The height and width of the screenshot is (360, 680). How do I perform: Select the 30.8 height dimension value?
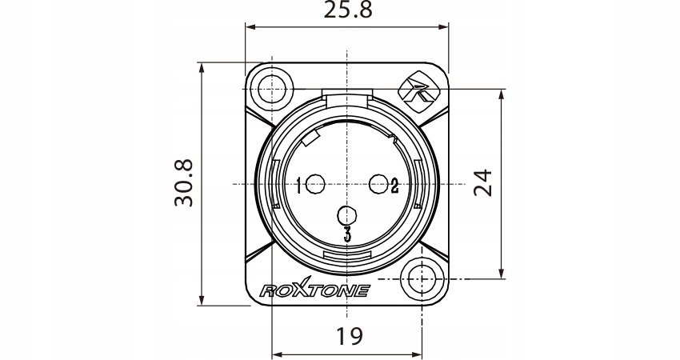point(185,183)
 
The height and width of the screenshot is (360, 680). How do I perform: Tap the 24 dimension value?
point(482,183)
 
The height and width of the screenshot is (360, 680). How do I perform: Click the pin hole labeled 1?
point(315,185)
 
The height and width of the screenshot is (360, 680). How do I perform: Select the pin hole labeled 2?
point(378,185)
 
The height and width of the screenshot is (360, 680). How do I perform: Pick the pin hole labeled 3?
point(346,215)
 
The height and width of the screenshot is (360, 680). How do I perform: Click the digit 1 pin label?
point(298,186)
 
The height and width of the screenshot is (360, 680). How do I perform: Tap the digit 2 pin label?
point(394,186)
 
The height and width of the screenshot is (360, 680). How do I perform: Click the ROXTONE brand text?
point(314,290)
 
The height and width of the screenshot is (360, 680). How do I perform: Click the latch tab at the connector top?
point(346,98)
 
